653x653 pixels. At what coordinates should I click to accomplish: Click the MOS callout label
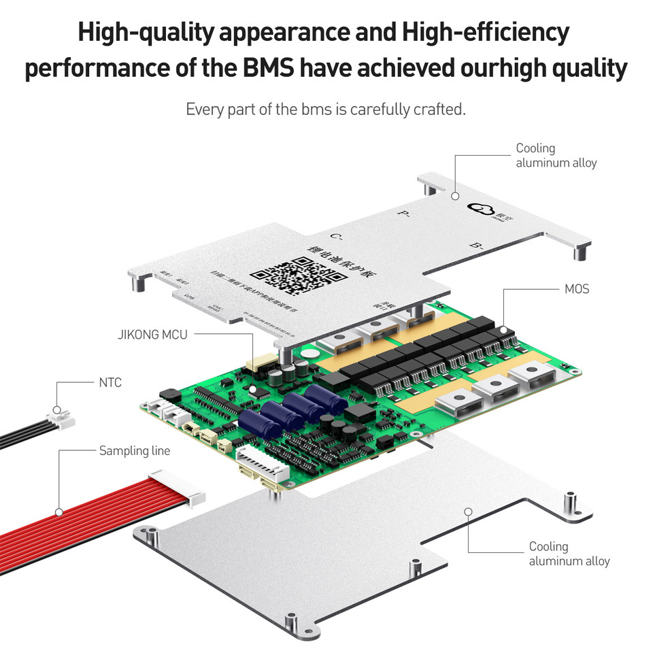[x=576, y=289]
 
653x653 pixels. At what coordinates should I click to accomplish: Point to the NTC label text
[x=110, y=383]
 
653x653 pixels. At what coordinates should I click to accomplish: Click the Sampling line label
[x=135, y=450]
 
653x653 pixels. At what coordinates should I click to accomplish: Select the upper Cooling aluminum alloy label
[x=556, y=155]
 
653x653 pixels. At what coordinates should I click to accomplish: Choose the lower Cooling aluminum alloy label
[x=569, y=554]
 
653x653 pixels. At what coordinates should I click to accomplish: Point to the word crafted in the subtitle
[x=439, y=110]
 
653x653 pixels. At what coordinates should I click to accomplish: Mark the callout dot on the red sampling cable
[x=59, y=512]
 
